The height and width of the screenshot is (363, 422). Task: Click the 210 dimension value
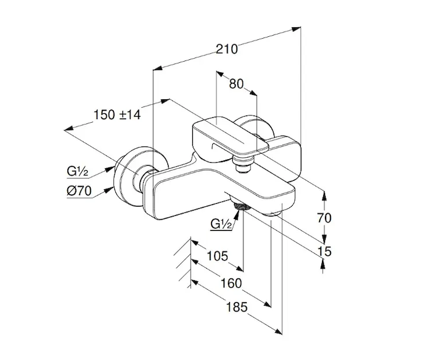click(x=227, y=48)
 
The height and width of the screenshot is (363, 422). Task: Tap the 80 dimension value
click(x=237, y=84)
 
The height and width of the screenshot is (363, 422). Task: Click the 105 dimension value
click(x=216, y=257)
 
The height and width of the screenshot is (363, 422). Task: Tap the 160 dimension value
click(x=230, y=283)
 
